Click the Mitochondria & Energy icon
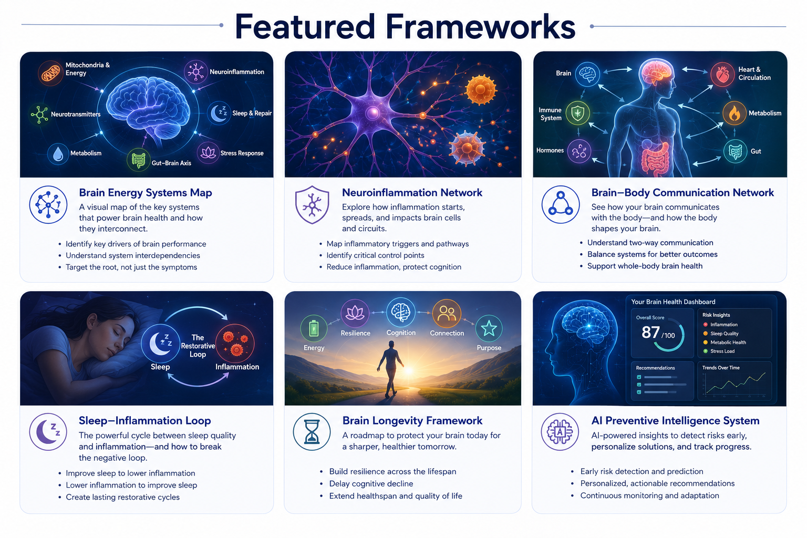[50, 73]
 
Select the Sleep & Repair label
[252, 113]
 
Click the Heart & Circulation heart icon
[722, 74]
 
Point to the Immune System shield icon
[578, 113]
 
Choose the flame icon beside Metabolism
[734, 113]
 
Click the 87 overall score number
[650, 332]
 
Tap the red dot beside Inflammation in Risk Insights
[706, 324]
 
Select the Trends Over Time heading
[720, 368]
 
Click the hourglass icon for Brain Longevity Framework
[312, 432]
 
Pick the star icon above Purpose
[489, 328]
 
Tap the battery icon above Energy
[314, 328]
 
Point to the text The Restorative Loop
[198, 346]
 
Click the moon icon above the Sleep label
[160, 343]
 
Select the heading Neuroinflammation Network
[412, 192]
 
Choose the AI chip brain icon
[560, 432]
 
